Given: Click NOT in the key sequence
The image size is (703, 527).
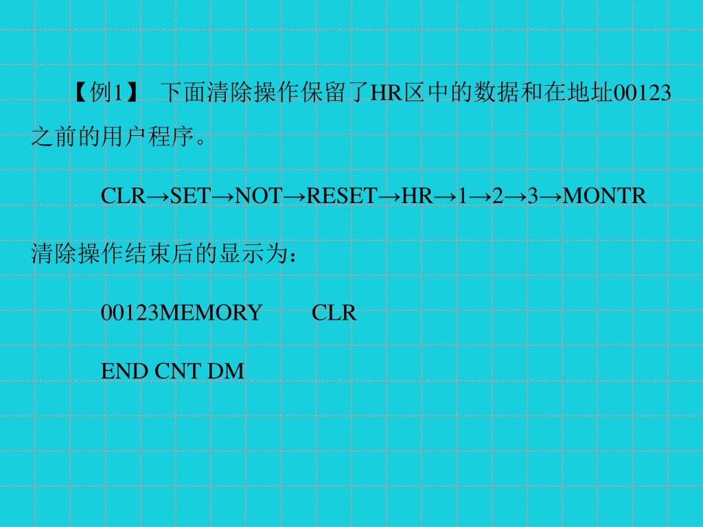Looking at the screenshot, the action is (x=259, y=196).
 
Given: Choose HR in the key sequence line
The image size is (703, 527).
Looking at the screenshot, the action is (x=417, y=196).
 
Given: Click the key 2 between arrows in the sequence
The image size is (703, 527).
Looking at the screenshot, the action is (x=498, y=196).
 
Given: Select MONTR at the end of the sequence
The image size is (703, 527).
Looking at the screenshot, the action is (x=605, y=196).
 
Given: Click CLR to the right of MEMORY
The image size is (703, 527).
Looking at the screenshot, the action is (x=334, y=313).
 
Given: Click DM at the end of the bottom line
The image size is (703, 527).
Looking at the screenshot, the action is (x=226, y=371).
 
